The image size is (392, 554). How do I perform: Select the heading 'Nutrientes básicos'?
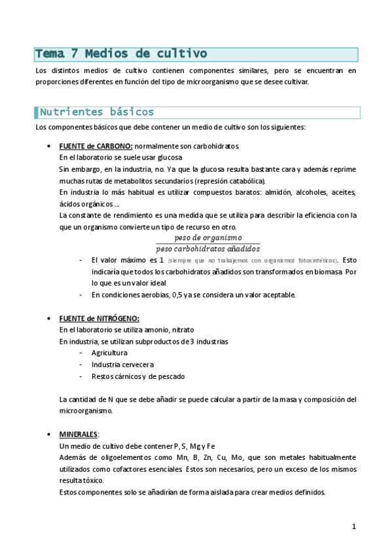97,112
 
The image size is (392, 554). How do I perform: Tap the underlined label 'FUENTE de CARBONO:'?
96,146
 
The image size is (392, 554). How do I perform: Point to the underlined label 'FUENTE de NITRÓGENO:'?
99,318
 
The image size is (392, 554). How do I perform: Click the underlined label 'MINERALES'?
79,434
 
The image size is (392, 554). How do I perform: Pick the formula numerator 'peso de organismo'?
208,238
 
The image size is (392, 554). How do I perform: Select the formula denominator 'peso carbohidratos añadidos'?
208,248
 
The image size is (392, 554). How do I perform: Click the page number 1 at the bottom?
353,527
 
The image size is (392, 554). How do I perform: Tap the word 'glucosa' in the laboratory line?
169,157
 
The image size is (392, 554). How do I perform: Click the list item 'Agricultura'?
109,353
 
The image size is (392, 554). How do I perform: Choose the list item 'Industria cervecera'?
122,365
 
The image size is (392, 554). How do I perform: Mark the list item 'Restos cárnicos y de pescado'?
138,376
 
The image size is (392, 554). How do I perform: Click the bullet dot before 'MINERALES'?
50,434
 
